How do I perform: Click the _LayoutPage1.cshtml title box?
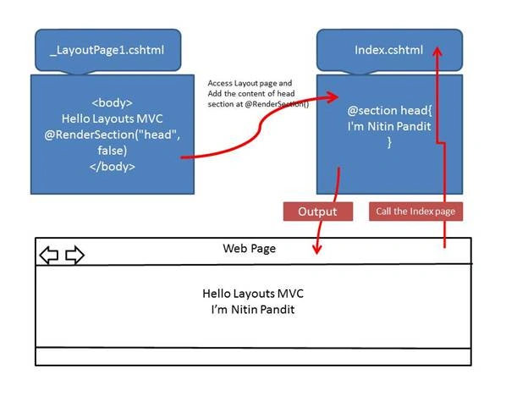pos(108,50)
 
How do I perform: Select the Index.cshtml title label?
pos(388,50)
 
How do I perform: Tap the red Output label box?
pos(318,212)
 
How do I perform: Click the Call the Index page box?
pos(415,212)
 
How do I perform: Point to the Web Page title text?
pos(249,249)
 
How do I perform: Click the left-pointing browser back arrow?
pos(49,255)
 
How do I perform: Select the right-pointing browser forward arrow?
pos(74,255)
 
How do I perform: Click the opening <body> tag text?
pos(113,102)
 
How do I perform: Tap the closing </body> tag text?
pos(113,167)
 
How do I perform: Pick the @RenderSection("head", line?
pos(113,135)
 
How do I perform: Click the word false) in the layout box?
pos(113,151)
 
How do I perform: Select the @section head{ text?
pos(389,111)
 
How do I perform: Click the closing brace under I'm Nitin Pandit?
pos(389,142)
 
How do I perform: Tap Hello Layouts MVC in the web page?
pos(253,294)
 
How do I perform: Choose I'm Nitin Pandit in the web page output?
pos(253,309)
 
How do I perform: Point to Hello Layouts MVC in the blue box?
pos(113,118)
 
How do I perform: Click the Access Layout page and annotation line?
pos(250,83)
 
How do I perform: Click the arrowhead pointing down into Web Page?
pos(316,249)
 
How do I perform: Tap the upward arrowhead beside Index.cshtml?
pos(437,52)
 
